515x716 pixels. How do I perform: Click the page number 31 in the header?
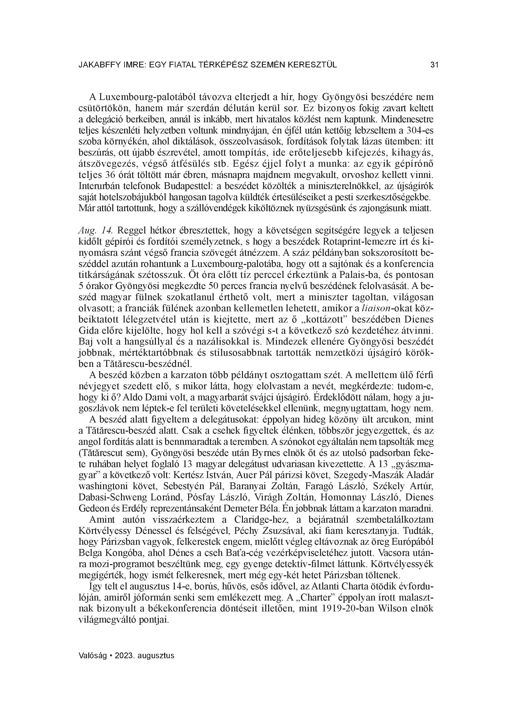(434, 65)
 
